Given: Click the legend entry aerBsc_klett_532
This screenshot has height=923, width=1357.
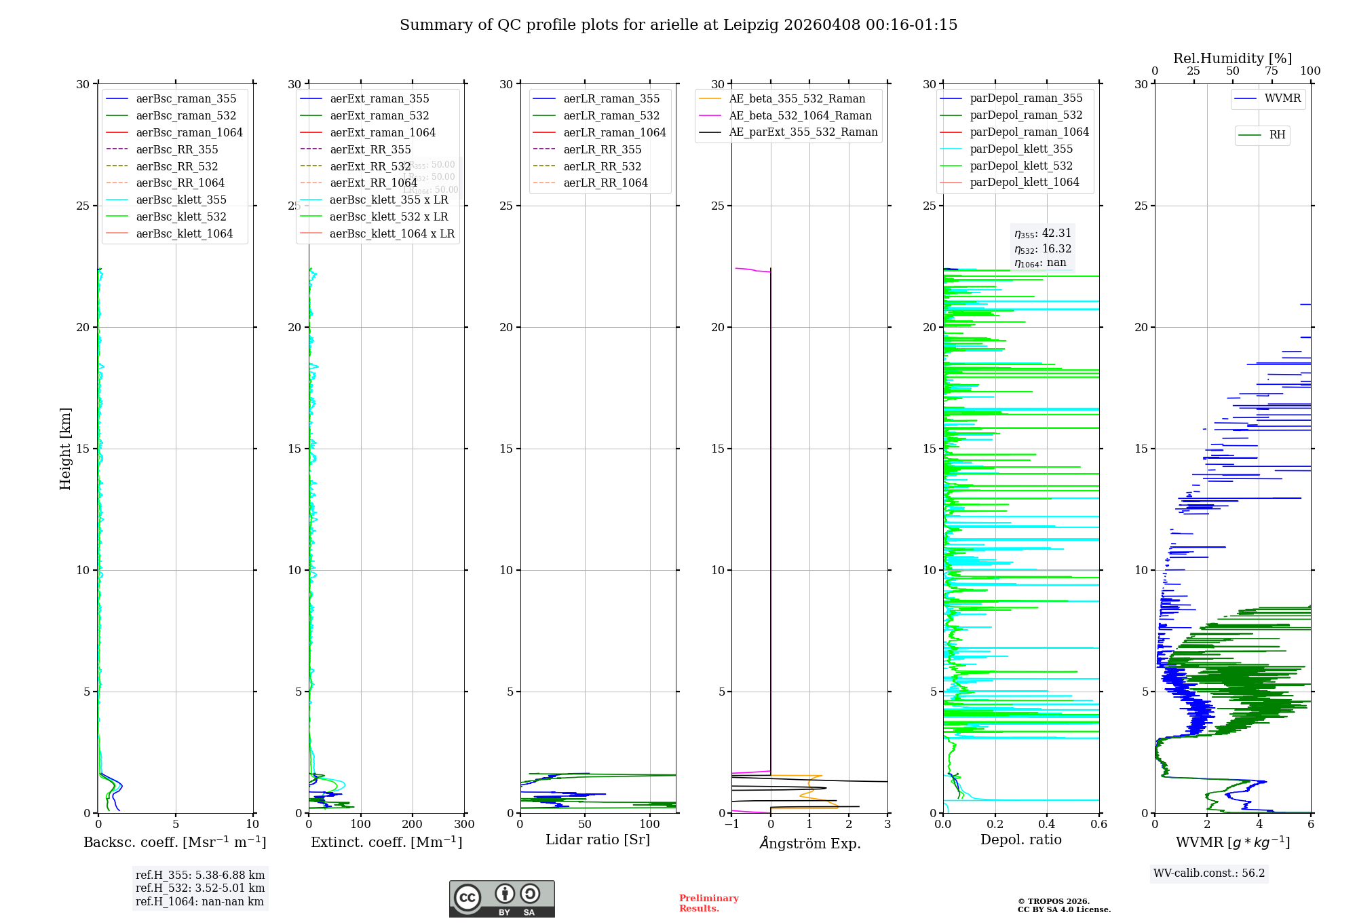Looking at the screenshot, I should [181, 216].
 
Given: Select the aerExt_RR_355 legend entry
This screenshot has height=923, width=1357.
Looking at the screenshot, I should [370, 149].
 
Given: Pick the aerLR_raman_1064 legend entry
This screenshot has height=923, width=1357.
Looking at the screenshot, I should [615, 132].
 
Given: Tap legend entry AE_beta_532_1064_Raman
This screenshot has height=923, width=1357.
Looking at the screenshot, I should [800, 115].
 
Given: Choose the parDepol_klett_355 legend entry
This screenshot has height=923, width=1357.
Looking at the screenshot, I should [1021, 149].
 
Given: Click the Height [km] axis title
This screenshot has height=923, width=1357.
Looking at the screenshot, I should [65, 449].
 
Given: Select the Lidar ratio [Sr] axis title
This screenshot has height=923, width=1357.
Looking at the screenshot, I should [598, 840].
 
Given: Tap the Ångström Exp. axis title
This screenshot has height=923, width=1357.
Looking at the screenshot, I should [809, 843].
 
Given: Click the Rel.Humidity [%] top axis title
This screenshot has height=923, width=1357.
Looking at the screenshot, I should [1232, 58].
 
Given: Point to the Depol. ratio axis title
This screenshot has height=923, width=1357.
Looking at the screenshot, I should [1020, 840].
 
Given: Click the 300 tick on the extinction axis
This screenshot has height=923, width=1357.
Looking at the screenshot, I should [465, 825].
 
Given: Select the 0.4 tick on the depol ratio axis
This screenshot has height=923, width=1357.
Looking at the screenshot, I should [1047, 825].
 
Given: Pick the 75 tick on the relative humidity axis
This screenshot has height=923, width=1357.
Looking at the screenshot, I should [1272, 71].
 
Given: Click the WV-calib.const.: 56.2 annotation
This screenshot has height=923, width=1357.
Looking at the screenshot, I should [1209, 873].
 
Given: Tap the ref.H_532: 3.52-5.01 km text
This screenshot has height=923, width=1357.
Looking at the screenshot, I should [200, 888].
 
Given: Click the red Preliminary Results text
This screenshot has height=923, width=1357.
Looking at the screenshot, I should [708, 903].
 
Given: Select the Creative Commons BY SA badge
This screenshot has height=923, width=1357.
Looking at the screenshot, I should [501, 899].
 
